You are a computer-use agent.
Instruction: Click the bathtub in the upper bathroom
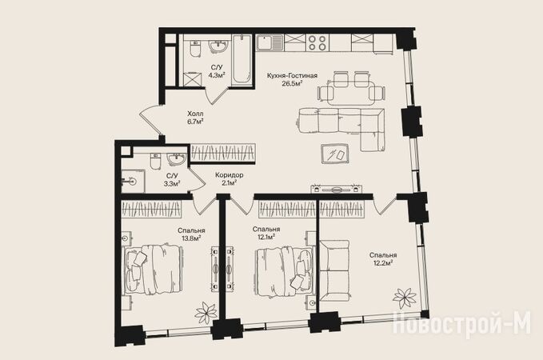(242, 59)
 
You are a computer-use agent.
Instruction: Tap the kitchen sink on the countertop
(270, 42)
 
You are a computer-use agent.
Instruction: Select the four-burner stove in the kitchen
(317, 43)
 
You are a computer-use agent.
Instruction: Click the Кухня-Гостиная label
(292, 75)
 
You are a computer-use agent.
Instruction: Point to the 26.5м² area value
(292, 83)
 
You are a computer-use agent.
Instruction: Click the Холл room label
(195, 114)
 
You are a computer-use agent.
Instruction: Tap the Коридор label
(229, 175)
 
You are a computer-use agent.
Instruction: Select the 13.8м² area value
(191, 238)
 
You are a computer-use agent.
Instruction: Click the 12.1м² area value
(266, 237)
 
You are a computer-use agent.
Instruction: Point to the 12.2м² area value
(383, 263)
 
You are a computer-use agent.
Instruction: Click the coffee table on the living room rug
(335, 154)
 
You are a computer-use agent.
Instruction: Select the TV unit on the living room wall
(336, 189)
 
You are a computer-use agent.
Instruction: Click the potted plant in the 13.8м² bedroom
(206, 313)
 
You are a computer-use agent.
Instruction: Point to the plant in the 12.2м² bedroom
(405, 298)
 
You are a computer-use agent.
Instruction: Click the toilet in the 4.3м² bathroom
(195, 49)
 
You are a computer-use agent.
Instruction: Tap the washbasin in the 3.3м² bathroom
(177, 159)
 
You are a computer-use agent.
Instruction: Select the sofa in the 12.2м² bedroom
(333, 270)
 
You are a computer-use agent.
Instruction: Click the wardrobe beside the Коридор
(223, 153)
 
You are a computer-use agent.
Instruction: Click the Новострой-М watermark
(461, 323)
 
